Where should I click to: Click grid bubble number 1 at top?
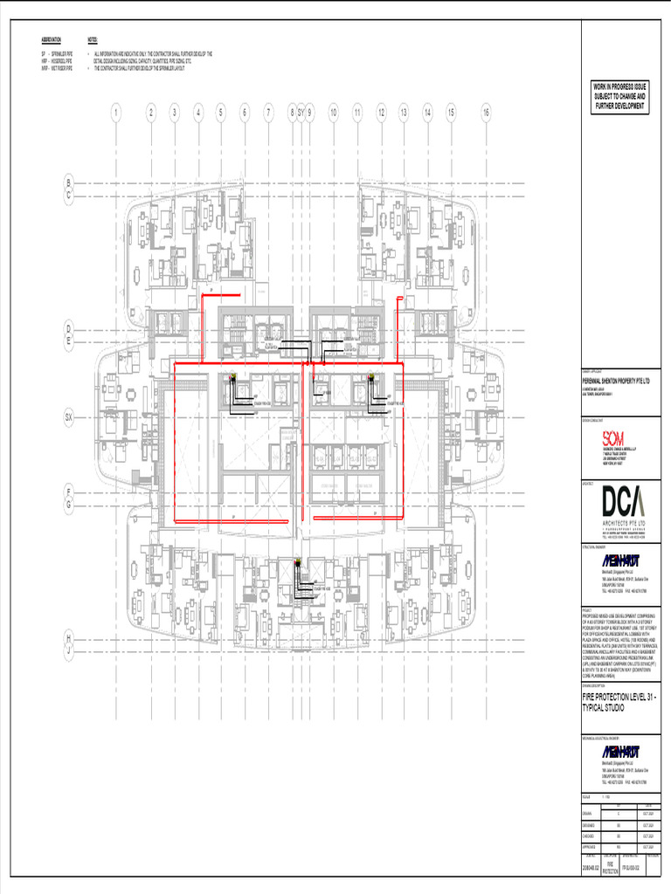115,112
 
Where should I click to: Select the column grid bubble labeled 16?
486,112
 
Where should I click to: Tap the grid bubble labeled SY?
301,112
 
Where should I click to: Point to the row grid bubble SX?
68,418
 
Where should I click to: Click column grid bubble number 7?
268,112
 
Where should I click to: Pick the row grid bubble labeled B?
68,182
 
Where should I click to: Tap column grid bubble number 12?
381,112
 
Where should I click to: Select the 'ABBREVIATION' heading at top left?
52,41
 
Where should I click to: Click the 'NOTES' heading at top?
93,41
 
